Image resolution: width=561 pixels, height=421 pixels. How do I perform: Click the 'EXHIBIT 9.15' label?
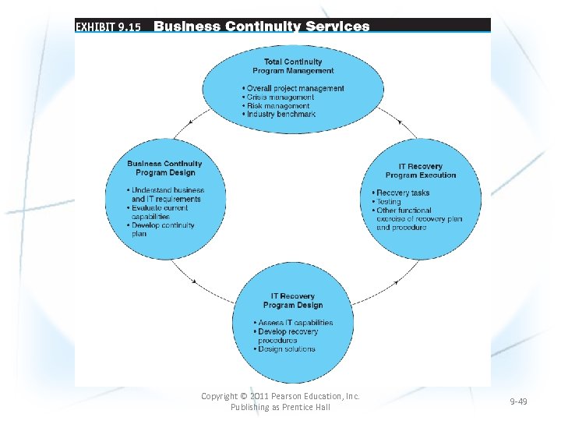coord(108,27)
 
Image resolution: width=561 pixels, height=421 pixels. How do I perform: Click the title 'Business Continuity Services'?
coord(262,27)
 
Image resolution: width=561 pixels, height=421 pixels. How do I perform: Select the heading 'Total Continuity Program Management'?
coord(293,66)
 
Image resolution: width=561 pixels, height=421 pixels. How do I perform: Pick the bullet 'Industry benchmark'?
coord(279,115)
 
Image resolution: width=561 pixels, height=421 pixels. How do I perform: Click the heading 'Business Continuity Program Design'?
coord(164,168)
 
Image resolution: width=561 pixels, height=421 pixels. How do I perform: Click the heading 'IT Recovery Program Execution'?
coord(420,171)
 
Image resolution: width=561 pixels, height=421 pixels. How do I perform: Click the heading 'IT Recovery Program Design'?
coord(293,301)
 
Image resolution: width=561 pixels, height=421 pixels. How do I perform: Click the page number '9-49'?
coord(518,402)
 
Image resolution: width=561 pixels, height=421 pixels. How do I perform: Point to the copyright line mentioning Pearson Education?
coord(280,396)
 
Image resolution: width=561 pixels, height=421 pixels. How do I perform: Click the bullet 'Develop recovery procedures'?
coord(288,336)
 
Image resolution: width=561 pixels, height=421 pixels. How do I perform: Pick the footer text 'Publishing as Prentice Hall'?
coord(280,407)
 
